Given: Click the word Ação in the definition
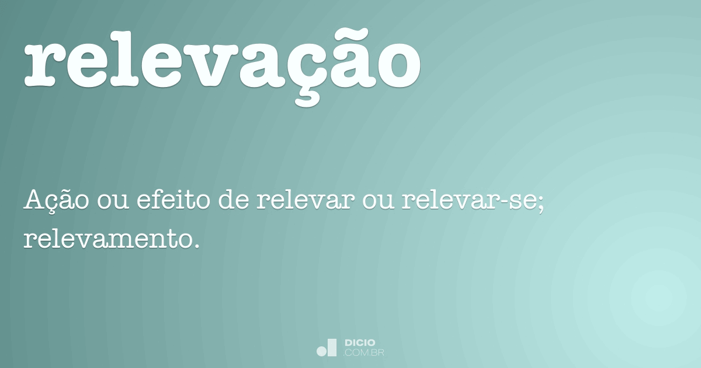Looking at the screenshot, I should [57, 201].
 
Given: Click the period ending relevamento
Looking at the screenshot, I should [196, 244].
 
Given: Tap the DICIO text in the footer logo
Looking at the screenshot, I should [360, 342].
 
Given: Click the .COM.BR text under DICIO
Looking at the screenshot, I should [363, 352].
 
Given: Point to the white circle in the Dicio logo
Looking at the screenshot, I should [321, 351].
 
